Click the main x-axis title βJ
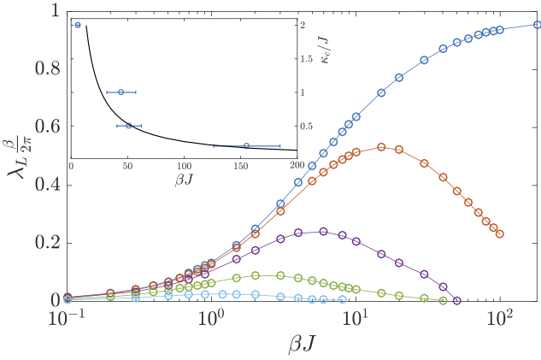(x=303, y=344)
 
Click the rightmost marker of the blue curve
(x=538, y=25)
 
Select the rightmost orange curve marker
(x=500, y=233)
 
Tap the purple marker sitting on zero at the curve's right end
(x=457, y=300)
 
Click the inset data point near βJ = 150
(x=246, y=146)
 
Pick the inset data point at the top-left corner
(x=78, y=25)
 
